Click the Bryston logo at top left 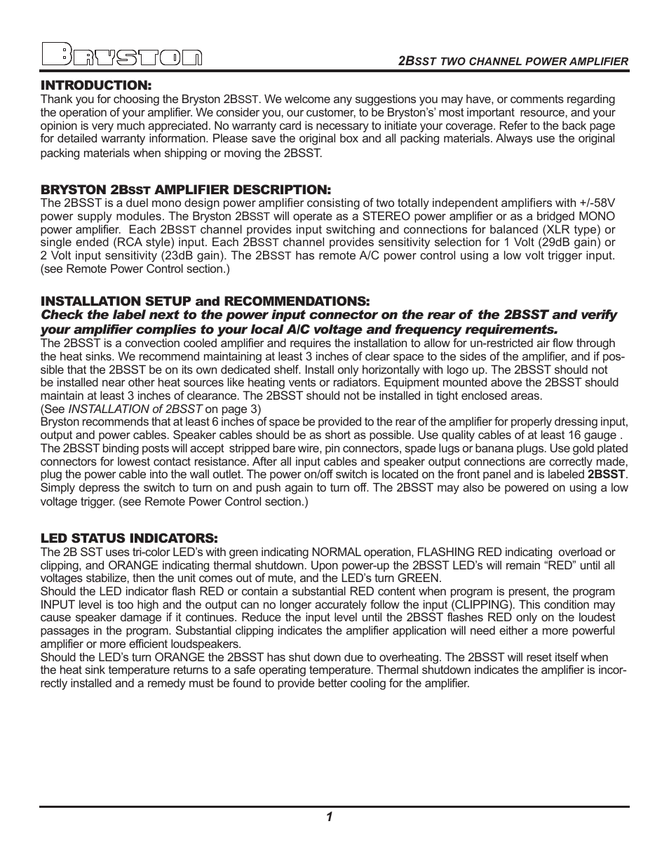[121, 56]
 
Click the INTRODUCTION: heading [96, 85]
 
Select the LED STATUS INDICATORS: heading [129, 538]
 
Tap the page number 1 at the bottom [328, 816]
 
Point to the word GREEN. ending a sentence [419, 579]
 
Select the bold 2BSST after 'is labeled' [607, 475]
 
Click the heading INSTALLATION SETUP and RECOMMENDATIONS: [204, 301]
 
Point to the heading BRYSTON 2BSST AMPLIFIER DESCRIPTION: [185, 189]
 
